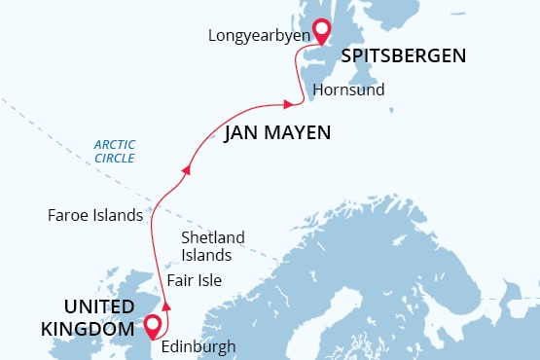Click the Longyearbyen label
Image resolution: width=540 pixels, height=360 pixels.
click(x=259, y=36)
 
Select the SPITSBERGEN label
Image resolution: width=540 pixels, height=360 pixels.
click(x=403, y=56)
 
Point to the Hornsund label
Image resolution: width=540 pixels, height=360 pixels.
click(x=348, y=90)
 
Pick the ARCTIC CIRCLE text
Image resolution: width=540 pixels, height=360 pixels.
click(x=114, y=151)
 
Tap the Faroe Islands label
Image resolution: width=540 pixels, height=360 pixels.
click(x=95, y=215)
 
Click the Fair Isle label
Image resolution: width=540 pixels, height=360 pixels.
click(x=194, y=281)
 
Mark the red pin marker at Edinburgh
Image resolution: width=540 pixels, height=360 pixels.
click(x=152, y=327)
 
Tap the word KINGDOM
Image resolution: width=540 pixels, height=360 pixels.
click(x=87, y=330)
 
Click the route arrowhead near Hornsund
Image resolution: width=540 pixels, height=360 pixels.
click(x=287, y=103)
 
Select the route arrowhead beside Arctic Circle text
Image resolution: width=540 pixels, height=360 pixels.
click(x=186, y=169)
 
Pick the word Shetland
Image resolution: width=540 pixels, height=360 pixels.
click(x=213, y=238)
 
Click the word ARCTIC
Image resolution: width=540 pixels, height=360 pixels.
click(x=114, y=144)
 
